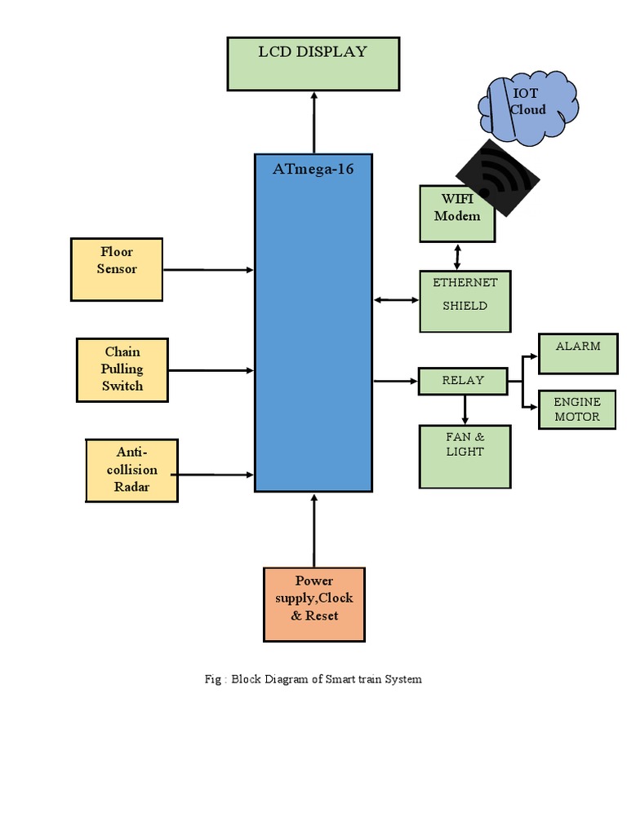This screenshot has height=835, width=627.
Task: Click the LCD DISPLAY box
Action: (313, 63)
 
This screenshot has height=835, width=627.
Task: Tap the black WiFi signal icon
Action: (498, 179)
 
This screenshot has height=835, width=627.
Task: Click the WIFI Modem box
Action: (457, 214)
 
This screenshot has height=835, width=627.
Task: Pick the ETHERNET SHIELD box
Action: (465, 301)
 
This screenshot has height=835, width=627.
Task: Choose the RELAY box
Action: (463, 381)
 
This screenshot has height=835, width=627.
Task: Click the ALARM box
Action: (578, 353)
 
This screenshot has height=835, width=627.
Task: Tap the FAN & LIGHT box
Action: (465, 456)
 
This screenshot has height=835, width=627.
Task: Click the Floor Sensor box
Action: (117, 269)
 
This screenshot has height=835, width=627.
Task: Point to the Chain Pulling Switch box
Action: (122, 369)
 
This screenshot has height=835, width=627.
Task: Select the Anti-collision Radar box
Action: (131, 470)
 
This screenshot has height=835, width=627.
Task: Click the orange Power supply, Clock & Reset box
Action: (313, 604)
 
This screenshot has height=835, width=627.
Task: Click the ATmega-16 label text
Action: (313, 170)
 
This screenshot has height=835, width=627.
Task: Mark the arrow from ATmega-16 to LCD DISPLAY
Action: (313, 121)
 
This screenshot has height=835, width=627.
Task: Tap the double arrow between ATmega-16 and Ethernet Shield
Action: (396, 300)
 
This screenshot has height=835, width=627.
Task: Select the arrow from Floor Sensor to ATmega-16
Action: (208, 269)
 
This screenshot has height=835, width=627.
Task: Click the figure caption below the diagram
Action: (313, 678)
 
